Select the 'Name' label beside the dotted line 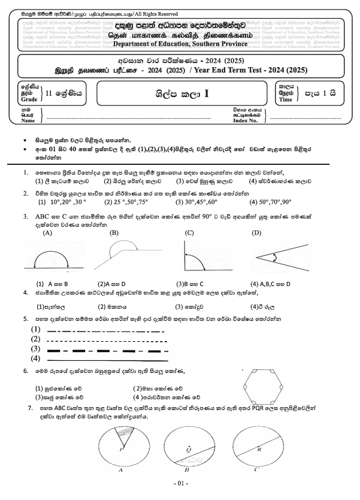point(28,121)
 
